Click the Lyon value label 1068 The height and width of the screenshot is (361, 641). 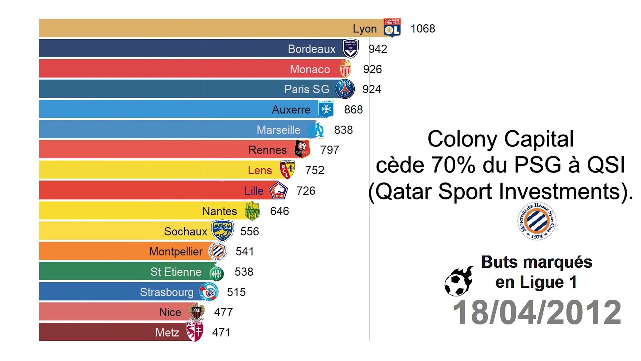pos(422,29)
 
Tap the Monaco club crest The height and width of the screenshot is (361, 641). pos(345,69)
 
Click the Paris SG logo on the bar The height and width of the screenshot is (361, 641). pos(345,89)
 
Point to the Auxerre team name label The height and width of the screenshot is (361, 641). pos(291,109)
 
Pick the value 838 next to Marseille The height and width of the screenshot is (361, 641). pos(343,130)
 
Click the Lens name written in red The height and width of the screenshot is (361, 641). pos(260,170)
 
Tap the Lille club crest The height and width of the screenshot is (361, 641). pos(279,191)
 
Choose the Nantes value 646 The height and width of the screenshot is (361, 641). pos(279,211)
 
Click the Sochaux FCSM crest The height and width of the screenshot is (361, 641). pos(222,231)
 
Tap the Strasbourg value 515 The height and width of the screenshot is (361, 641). pos(236,292)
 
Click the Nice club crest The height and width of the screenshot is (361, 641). pos(196,312)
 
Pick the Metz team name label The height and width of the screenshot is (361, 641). pos(167,332)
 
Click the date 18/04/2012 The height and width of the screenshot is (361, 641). pos(537,313)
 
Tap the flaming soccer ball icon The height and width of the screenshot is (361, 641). pos(459,281)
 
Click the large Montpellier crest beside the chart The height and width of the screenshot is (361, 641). pos(537,221)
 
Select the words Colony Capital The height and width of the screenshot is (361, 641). pos(500,139)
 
